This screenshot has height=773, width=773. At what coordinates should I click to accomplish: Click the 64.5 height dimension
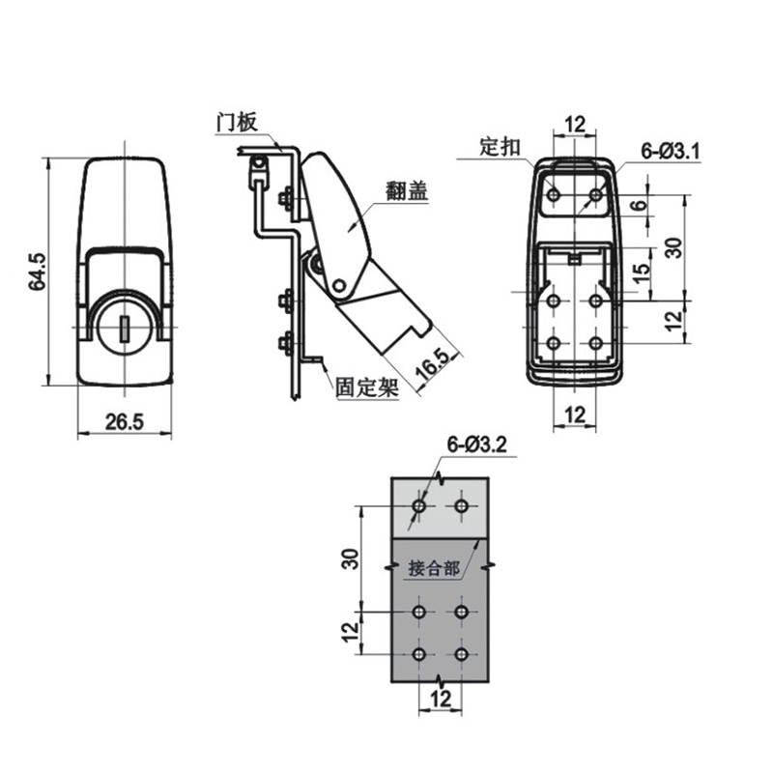tap(35, 272)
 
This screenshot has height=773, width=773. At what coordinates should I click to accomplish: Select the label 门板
tap(236, 122)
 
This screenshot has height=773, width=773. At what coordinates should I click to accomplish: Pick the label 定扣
tap(501, 147)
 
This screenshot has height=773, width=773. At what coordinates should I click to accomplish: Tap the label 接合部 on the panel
tap(434, 568)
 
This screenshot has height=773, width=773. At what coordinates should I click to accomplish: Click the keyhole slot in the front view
tap(124, 329)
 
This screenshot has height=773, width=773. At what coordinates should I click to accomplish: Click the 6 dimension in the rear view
tap(638, 206)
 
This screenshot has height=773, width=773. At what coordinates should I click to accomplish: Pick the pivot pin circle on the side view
tap(339, 286)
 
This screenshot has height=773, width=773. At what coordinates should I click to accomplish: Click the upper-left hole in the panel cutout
tap(418, 505)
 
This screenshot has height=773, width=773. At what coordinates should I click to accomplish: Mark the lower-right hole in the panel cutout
tap(462, 655)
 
